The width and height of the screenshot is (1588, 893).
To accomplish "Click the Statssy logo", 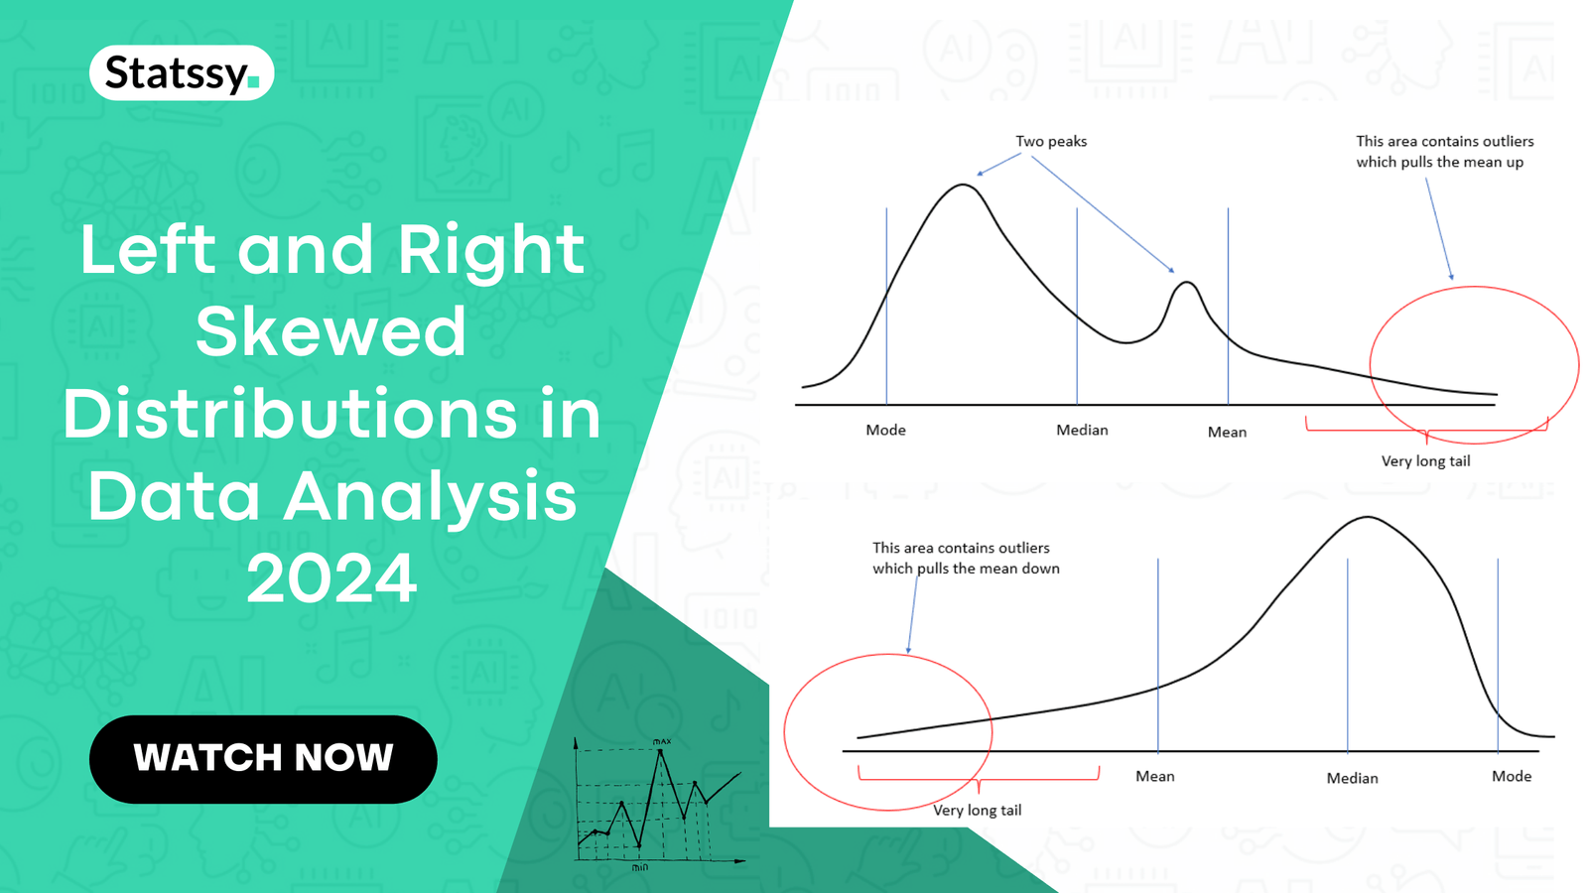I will (182, 73).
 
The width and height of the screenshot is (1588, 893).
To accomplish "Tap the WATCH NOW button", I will (263, 758).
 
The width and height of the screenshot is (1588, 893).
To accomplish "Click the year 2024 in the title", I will (331, 579).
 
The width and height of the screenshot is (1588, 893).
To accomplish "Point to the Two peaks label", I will (1051, 141).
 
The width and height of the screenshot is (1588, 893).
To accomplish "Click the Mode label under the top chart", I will (885, 430).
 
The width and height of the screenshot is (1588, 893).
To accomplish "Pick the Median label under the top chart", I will (1082, 430).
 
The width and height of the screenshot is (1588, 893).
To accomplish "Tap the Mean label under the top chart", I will (1227, 432).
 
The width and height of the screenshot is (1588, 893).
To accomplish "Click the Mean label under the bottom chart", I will (1154, 776).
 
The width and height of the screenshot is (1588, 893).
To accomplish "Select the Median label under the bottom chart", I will (1352, 778).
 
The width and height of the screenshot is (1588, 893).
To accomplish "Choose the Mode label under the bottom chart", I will (1511, 776).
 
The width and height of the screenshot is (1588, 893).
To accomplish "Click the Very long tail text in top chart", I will (1425, 460).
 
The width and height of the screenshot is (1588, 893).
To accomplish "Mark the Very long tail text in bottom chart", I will (977, 810).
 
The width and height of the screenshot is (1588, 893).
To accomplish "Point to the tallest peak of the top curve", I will (963, 186).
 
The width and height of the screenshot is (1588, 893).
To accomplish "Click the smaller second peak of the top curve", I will (1185, 284).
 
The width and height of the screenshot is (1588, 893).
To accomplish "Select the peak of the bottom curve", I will (1368, 518).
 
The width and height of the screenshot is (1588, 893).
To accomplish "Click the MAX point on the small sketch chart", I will (660, 752).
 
